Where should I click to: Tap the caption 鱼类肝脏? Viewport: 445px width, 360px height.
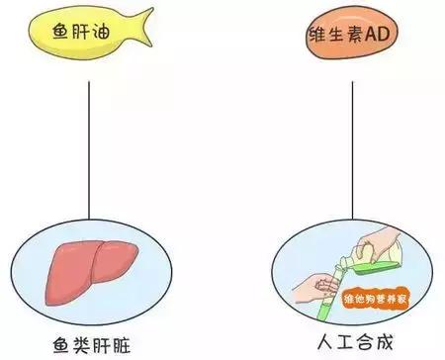click(91, 346)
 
